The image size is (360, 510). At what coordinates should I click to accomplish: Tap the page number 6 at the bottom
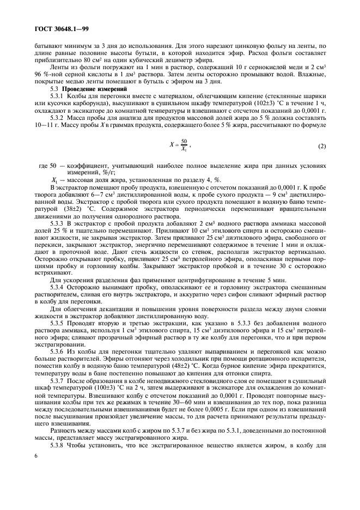tap(35, 484)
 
